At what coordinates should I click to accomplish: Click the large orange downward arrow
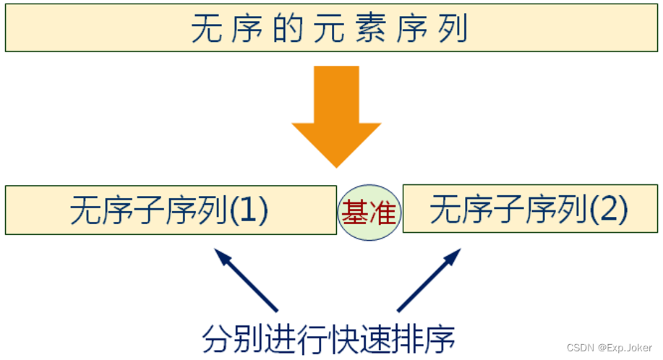(336, 116)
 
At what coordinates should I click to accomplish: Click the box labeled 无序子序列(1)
(170, 210)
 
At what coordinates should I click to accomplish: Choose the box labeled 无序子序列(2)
(530, 209)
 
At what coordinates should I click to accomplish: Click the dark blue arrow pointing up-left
(246, 278)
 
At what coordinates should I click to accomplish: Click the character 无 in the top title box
(205, 30)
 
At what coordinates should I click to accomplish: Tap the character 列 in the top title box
(453, 30)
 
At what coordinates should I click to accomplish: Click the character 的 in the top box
(288, 30)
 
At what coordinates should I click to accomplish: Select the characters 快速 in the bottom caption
(359, 338)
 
